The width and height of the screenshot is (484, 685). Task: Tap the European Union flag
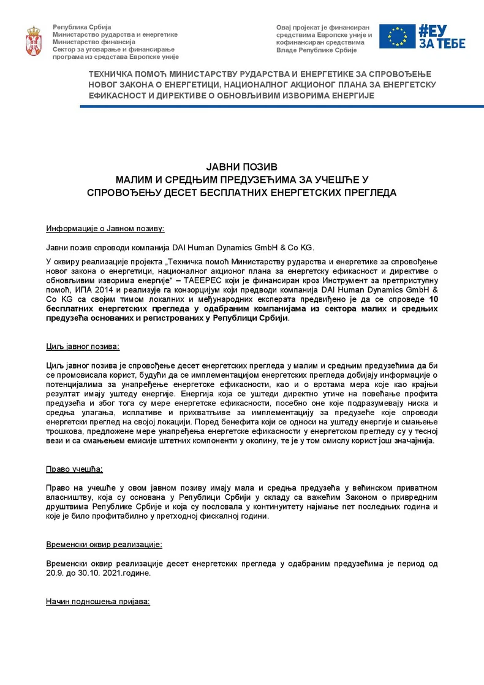[x=397, y=36]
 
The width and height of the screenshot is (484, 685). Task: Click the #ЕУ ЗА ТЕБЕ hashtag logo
[x=441, y=36]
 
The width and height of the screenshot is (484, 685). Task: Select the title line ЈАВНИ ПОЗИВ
[x=242, y=167]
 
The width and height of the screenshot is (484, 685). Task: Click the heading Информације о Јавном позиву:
[x=105, y=229]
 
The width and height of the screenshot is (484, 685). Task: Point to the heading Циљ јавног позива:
[x=83, y=347]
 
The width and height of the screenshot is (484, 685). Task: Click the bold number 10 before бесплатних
[x=433, y=299]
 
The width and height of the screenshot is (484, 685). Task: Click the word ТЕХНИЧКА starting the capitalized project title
[x=114, y=74]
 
